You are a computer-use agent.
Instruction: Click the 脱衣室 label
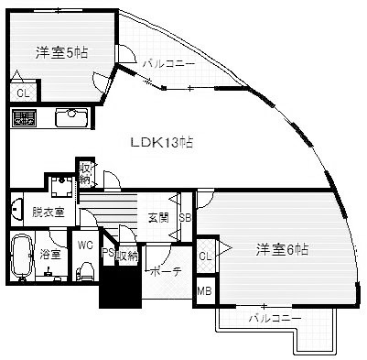(48, 212)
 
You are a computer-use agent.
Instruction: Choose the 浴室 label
(50, 255)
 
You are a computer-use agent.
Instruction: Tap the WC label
(85, 245)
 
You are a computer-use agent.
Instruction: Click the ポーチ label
(165, 272)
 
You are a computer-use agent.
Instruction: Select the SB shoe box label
(184, 217)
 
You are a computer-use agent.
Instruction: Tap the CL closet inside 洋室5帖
(21, 92)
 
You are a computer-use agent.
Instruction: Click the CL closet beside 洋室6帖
(205, 256)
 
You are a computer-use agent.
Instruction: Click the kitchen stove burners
(24, 118)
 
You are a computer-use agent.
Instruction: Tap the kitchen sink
(70, 118)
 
